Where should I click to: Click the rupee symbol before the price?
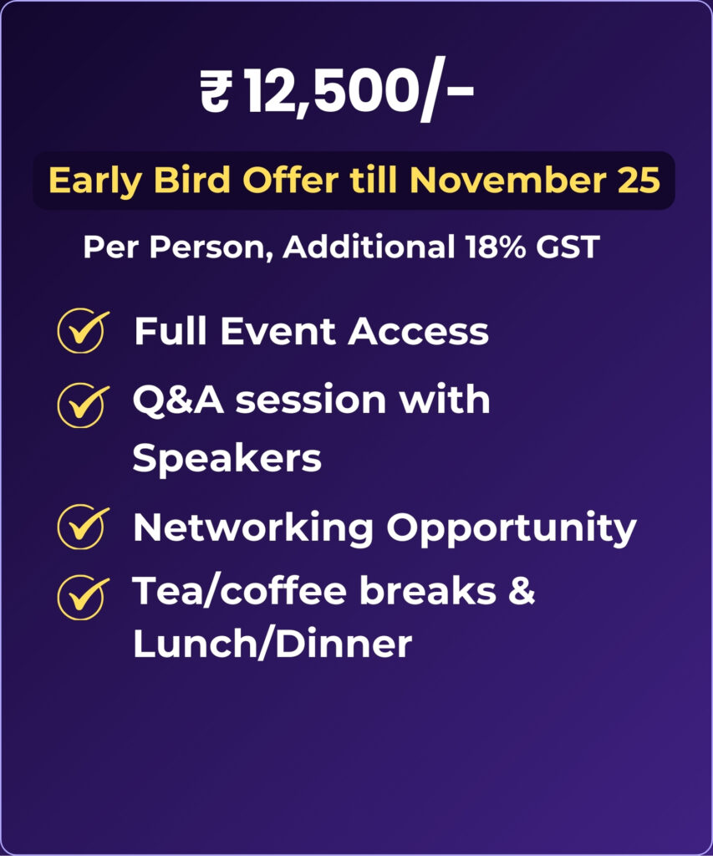point(216,92)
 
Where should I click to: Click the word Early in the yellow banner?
point(95,181)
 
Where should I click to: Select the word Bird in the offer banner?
point(191,180)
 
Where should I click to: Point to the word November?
point(508,180)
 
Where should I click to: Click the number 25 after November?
point(639,180)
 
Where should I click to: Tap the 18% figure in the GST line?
point(496,247)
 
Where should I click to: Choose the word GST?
point(568,247)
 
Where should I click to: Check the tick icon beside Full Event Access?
point(81,331)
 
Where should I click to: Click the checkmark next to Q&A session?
point(81,405)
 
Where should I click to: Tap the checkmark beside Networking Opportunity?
point(81,527)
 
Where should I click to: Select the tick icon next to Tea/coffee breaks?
point(81,597)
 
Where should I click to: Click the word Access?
point(419,331)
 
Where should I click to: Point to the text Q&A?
point(178,400)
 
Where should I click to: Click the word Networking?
point(253,528)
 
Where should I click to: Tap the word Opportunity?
point(512,528)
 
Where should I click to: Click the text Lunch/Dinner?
point(272,644)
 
